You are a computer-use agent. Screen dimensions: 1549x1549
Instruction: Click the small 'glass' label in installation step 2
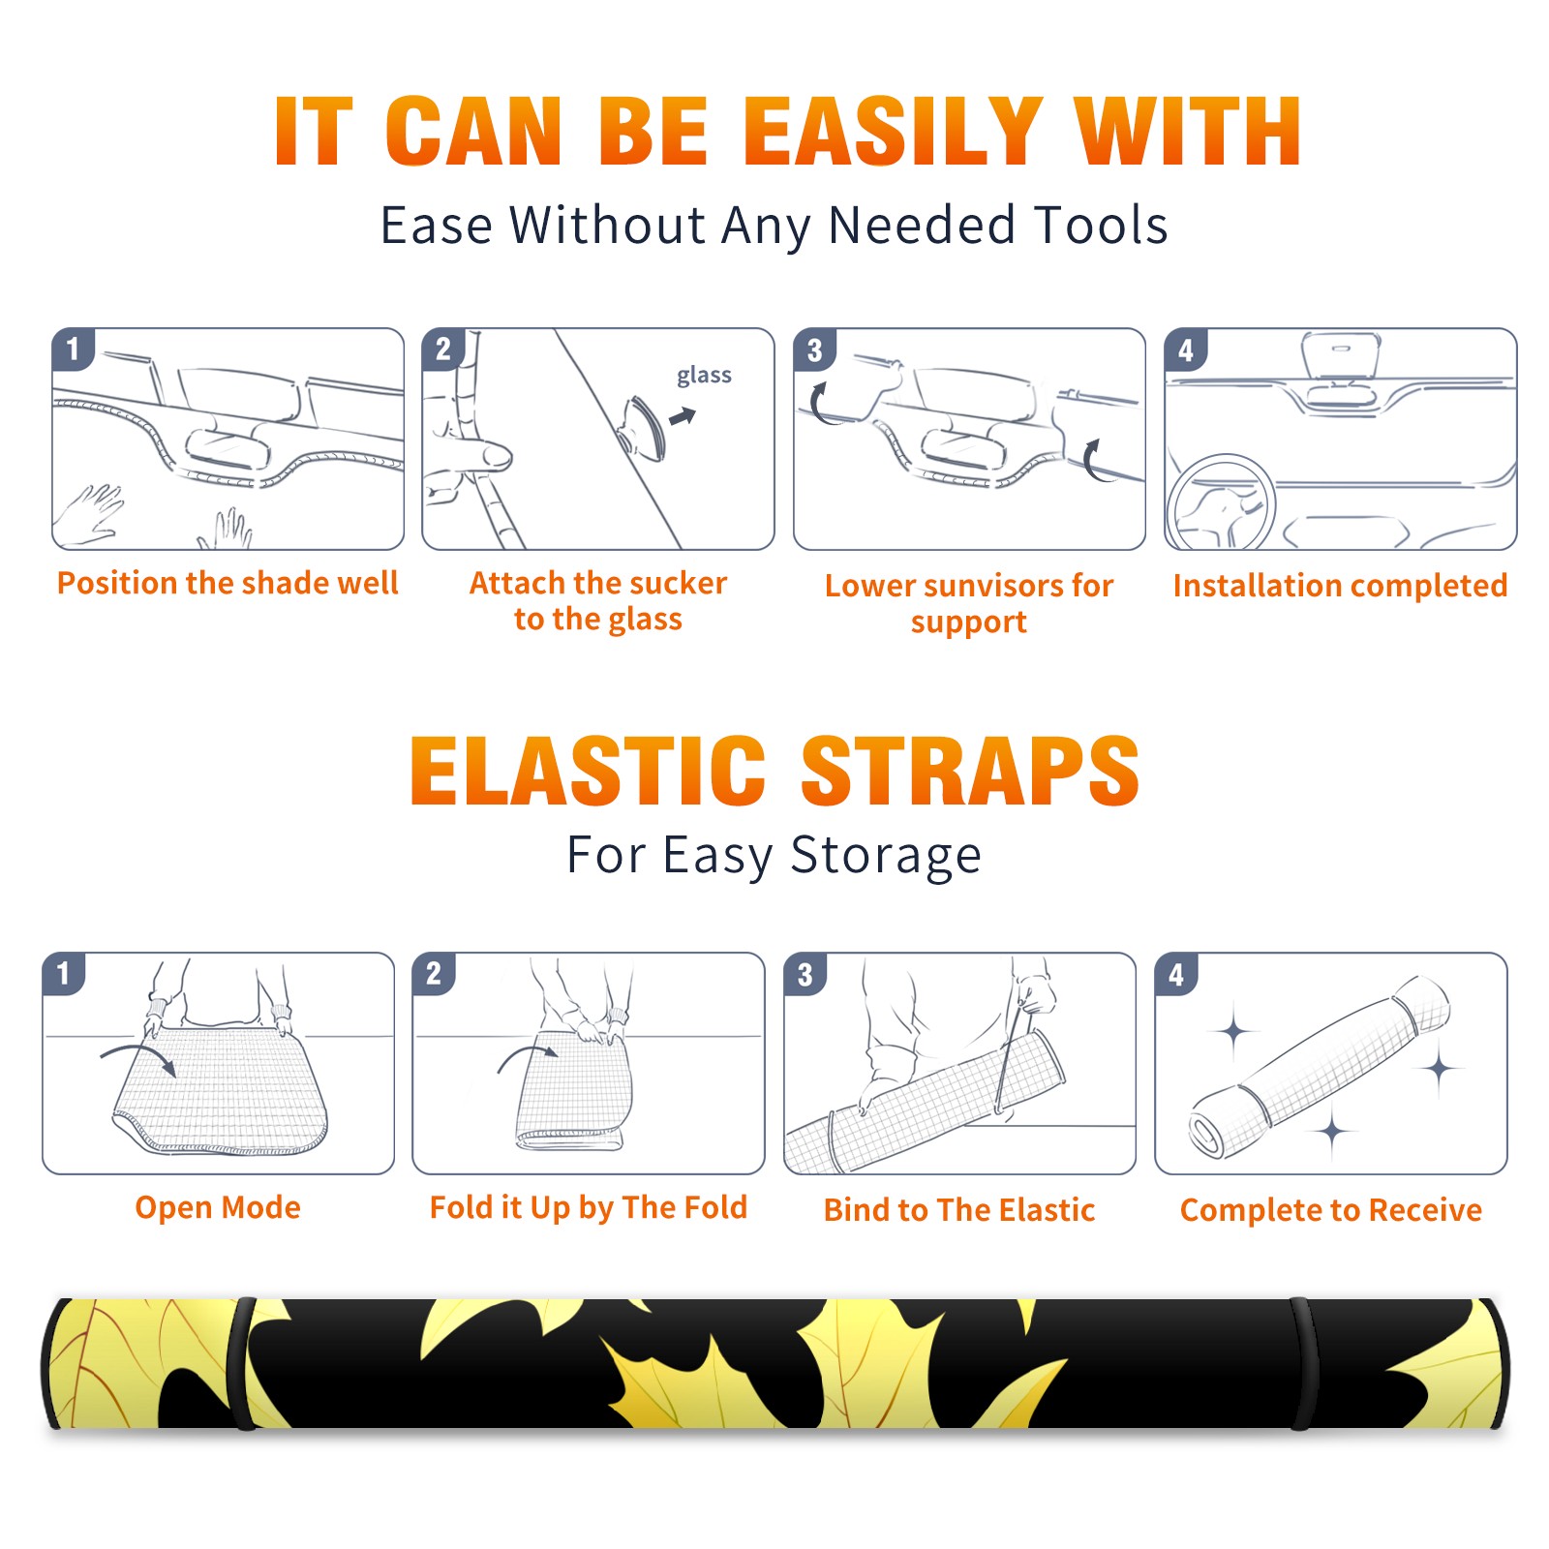(x=704, y=376)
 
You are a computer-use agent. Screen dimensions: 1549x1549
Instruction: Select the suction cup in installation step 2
(x=644, y=427)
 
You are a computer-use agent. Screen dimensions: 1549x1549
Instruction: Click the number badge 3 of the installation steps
(x=814, y=350)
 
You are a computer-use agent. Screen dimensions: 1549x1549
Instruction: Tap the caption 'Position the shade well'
(x=228, y=583)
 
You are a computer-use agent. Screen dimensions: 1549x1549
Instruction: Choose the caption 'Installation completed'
(x=1340, y=585)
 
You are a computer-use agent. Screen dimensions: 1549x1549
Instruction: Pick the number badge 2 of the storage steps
(x=433, y=974)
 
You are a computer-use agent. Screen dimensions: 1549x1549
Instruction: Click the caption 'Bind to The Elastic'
(x=958, y=1209)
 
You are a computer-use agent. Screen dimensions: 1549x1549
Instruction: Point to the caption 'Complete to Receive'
(x=1330, y=1210)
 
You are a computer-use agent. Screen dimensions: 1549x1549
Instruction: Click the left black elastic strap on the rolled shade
(x=243, y=1363)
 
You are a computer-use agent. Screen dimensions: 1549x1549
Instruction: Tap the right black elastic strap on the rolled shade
(x=1303, y=1363)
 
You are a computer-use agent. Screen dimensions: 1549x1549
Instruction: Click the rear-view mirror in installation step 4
(x=1340, y=354)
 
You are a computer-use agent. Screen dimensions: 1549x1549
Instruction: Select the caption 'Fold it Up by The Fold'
(x=589, y=1207)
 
